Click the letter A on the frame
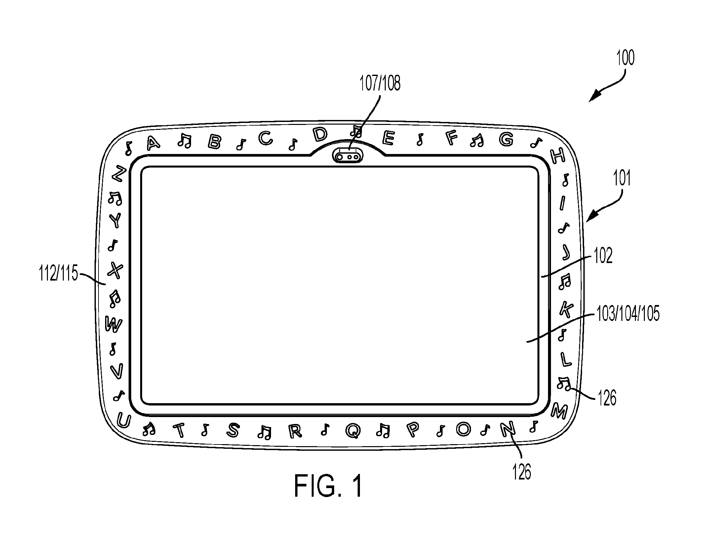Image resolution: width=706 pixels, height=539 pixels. pyautogui.click(x=153, y=143)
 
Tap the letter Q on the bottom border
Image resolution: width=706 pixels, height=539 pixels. pyautogui.click(x=353, y=430)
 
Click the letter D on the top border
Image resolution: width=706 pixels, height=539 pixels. pyautogui.click(x=320, y=134)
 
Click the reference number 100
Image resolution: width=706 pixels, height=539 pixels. pyautogui.click(x=625, y=58)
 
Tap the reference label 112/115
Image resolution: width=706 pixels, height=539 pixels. pyautogui.click(x=59, y=274)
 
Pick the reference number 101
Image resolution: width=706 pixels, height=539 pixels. pyautogui.click(x=622, y=178)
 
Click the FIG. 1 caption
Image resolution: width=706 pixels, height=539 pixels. pyautogui.click(x=328, y=486)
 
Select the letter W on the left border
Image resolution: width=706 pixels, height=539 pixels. pyautogui.click(x=113, y=324)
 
